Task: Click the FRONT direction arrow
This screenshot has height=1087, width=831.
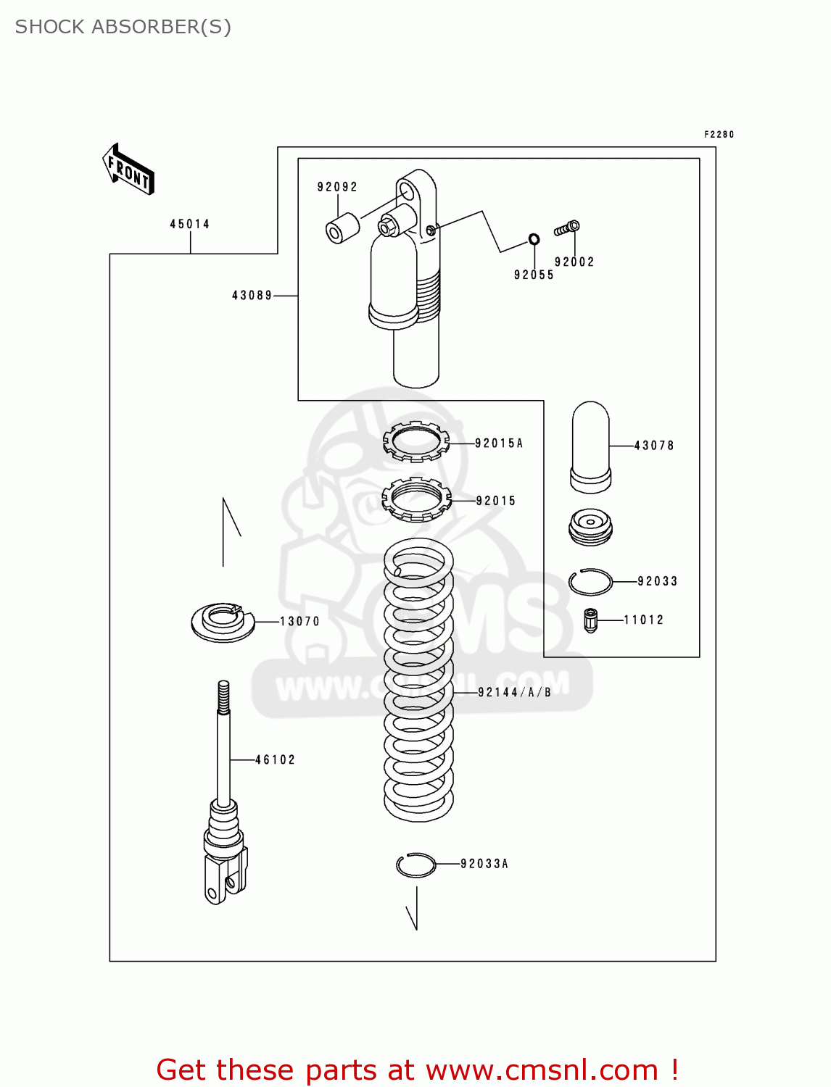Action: coord(128,170)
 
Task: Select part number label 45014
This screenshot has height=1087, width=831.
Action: coord(189,224)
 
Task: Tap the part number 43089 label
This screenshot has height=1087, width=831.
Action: coord(252,296)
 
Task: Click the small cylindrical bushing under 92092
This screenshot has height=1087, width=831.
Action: coord(342,228)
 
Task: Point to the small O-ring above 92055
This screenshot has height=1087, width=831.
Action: coord(534,239)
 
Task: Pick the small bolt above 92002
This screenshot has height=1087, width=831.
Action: coord(567,228)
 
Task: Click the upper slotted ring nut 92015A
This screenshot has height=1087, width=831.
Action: coord(415,441)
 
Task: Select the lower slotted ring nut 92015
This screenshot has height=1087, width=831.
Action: coord(416,499)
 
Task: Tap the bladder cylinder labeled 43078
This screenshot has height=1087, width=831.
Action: coord(590,445)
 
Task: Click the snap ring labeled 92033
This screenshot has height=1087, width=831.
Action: coord(590,582)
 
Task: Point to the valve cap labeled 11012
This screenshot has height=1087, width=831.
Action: coord(590,620)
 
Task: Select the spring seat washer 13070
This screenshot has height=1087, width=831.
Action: coord(223,622)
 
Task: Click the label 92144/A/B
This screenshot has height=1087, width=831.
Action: coord(514,693)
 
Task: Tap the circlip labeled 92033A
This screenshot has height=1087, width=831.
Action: coord(416,865)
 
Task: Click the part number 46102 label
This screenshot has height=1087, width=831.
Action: coord(276,760)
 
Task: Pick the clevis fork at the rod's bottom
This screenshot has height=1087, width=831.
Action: coord(223,878)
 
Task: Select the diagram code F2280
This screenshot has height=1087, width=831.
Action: coord(719,135)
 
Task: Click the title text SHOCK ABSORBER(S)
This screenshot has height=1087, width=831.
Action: coord(123,27)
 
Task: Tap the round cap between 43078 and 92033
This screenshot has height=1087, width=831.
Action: coord(590,526)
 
